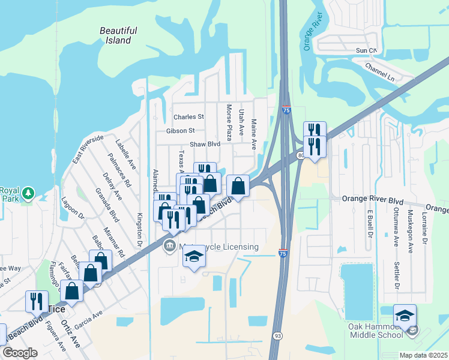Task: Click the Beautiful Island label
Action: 118,35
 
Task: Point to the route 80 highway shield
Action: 300,155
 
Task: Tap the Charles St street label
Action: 188,117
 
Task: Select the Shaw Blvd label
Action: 205,144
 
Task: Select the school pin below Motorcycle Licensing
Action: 193,257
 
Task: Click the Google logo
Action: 20,353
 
